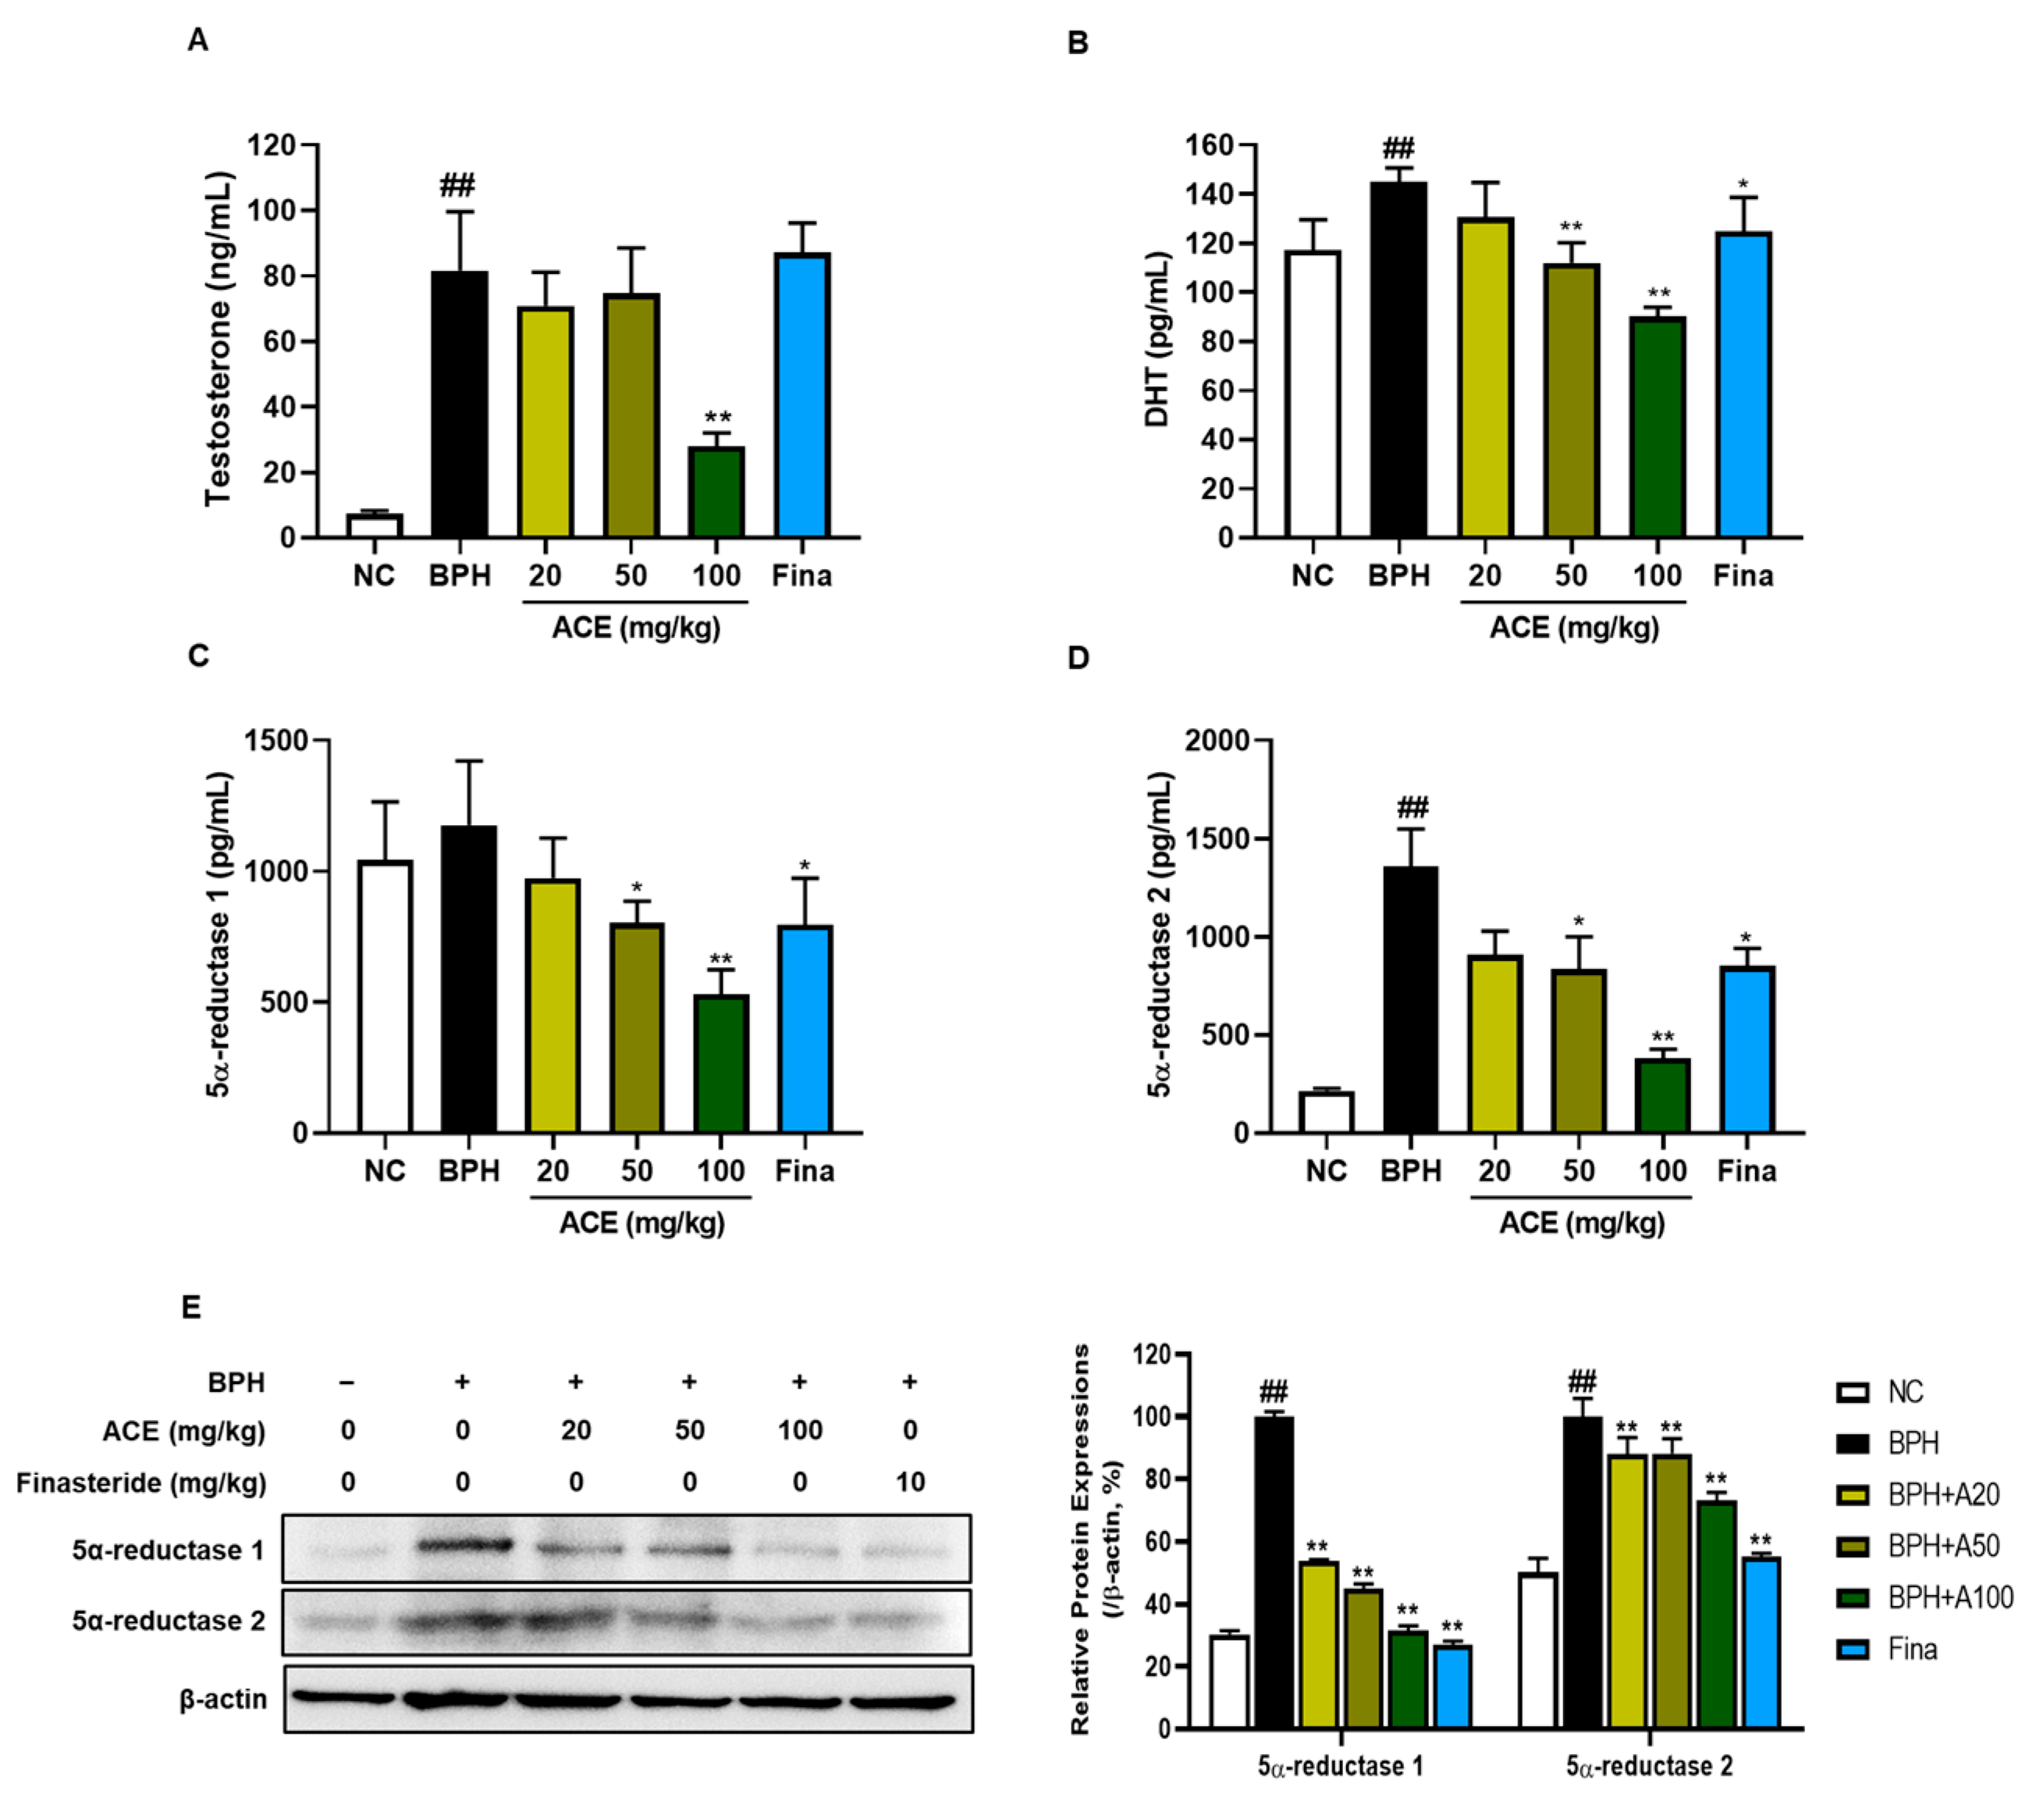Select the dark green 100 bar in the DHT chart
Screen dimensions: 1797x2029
pos(1657,428)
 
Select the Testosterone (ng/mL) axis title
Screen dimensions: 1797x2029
pos(218,340)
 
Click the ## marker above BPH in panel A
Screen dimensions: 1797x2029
pos(457,185)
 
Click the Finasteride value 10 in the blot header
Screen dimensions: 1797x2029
pos(909,1482)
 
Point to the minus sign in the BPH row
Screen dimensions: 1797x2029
pos(347,1382)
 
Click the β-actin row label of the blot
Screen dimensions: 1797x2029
pos(223,1699)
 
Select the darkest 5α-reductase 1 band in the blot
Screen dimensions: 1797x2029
pos(464,1545)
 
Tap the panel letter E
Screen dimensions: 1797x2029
pos(191,1308)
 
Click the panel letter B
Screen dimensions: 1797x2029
pos(1078,43)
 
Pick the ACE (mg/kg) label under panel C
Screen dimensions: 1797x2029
pos(642,1222)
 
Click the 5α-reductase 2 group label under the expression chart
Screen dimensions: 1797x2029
pos(1650,1767)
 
